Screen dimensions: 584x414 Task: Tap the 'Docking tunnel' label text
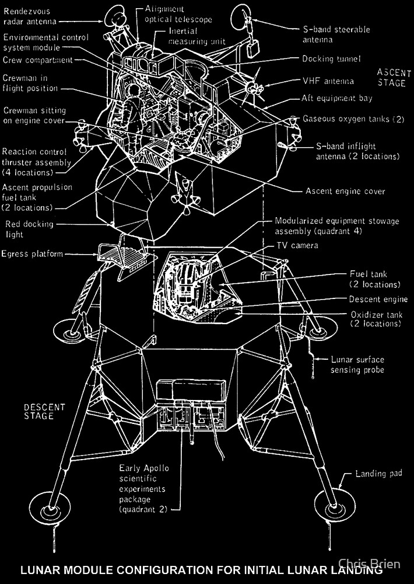point(331,59)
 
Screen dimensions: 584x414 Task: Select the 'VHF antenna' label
point(328,81)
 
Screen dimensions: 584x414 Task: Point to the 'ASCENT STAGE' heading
point(391,77)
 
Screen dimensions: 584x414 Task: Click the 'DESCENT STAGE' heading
point(44,411)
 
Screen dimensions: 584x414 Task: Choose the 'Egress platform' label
point(31,254)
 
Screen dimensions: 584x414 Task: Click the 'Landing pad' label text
point(378,474)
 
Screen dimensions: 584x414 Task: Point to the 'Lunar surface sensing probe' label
point(357,365)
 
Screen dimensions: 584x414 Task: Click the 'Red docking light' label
point(29,229)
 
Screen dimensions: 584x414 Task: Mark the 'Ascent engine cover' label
point(345,191)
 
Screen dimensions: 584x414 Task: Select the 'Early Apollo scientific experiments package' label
point(142,489)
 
